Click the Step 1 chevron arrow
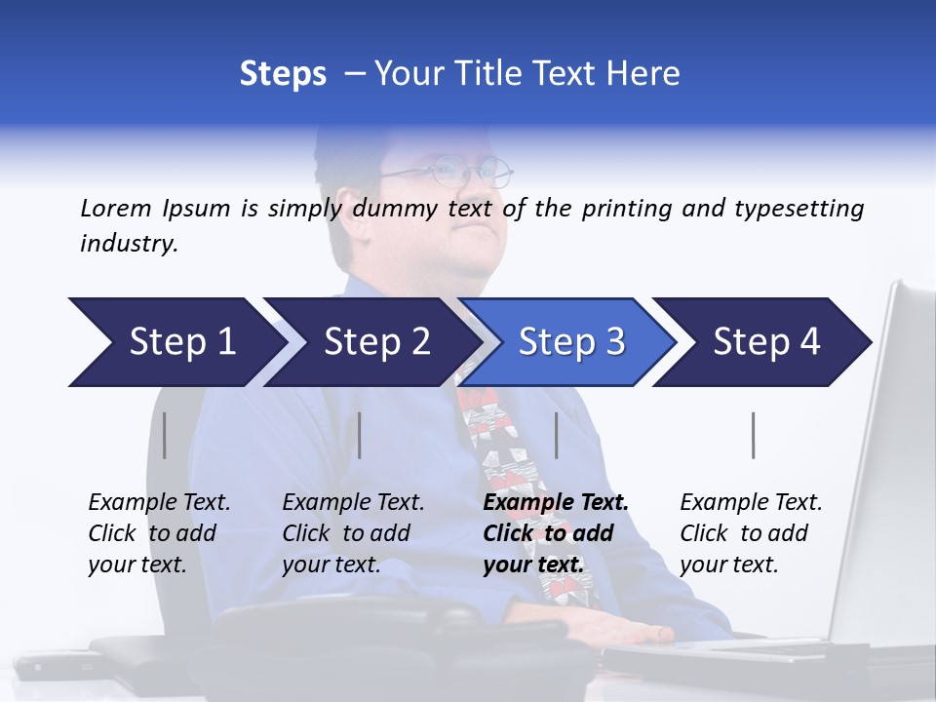[x=175, y=342]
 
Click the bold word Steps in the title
[x=283, y=74]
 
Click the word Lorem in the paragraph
[x=116, y=208]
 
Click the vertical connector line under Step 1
[x=165, y=435]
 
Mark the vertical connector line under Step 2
[x=360, y=435]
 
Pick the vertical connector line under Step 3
[x=556, y=435]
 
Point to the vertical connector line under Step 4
[x=753, y=435]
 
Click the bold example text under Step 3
[x=555, y=533]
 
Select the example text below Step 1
[x=159, y=533]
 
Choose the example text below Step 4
[x=751, y=533]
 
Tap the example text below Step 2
[x=353, y=533]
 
